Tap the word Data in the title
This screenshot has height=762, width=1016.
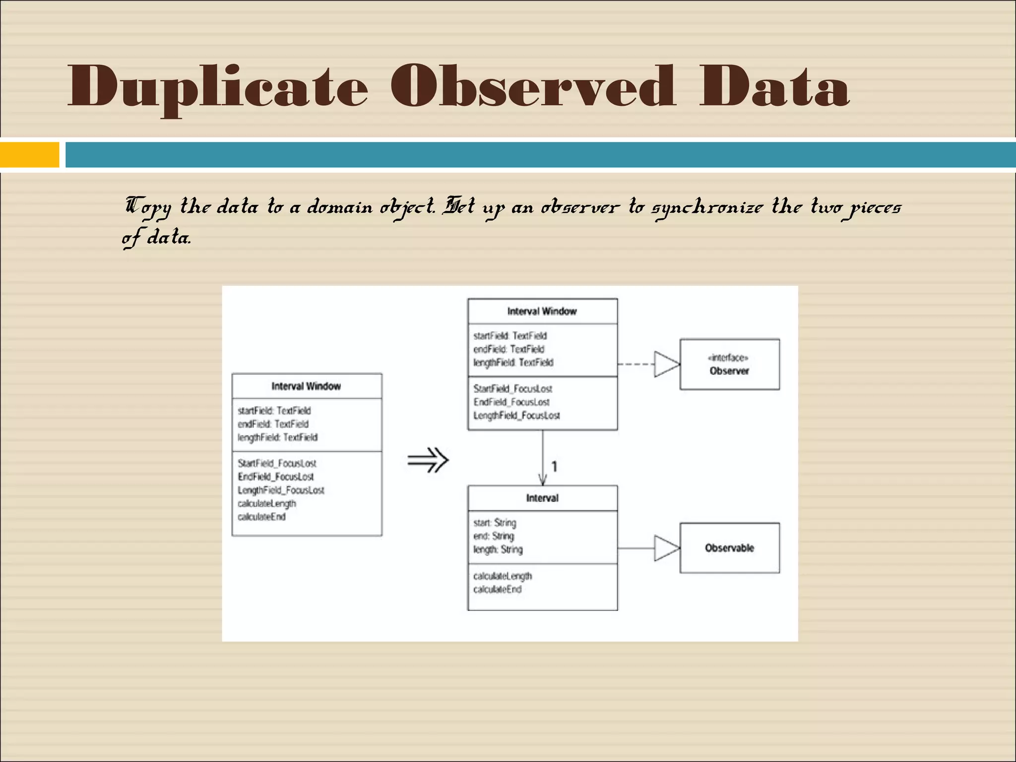pyautogui.click(x=774, y=87)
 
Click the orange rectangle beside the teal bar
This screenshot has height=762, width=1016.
pyautogui.click(x=29, y=155)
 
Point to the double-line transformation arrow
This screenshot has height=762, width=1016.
pyautogui.click(x=428, y=460)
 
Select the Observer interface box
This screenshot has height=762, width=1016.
pyautogui.click(x=729, y=365)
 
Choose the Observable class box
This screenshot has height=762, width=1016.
pyautogui.click(x=729, y=548)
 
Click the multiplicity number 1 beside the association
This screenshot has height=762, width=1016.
pyautogui.click(x=554, y=467)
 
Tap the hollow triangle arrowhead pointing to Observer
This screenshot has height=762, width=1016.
pyautogui.click(x=666, y=365)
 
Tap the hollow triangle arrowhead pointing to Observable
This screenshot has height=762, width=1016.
pyautogui.click(x=666, y=548)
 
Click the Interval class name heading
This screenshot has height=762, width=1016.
pyautogui.click(x=542, y=498)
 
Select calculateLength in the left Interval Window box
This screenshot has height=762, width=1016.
pyautogui.click(x=267, y=504)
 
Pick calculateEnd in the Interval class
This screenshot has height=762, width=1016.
pyautogui.click(x=497, y=589)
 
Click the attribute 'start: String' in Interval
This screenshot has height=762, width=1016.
pyautogui.click(x=495, y=523)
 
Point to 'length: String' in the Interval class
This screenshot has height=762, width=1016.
pyautogui.click(x=498, y=550)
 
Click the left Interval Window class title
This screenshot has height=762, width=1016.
pyautogui.click(x=306, y=386)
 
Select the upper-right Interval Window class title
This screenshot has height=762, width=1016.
pyautogui.click(x=542, y=312)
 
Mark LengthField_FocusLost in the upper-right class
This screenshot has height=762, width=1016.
pyautogui.click(x=516, y=416)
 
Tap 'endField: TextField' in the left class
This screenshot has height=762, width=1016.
pyautogui.click(x=273, y=424)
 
